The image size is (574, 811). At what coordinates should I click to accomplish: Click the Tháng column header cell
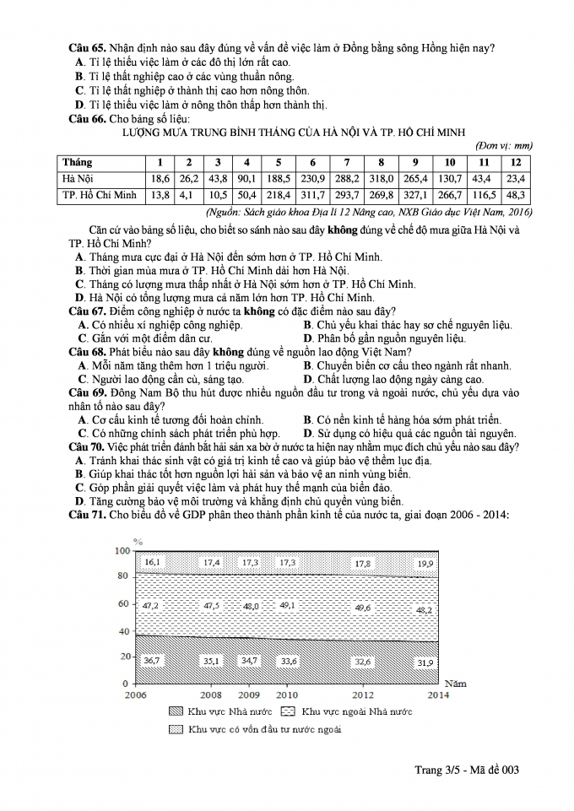[x=78, y=162]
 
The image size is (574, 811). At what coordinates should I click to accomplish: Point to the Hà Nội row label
[x=79, y=179]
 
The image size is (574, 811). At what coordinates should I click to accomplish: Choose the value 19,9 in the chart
[x=425, y=563]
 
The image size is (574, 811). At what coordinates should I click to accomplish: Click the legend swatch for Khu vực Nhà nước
[x=176, y=711]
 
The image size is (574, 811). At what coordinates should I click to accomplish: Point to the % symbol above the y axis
[x=138, y=540]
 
